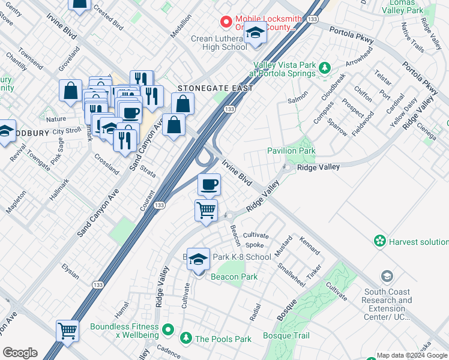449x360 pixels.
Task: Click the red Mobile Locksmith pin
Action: point(226,22)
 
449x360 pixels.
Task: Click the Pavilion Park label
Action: point(291,151)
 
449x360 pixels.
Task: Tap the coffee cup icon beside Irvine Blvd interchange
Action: point(208,185)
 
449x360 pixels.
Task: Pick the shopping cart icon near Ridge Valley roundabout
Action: point(206,211)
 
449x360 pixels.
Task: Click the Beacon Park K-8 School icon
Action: point(199,259)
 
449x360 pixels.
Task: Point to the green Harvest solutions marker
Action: point(379,242)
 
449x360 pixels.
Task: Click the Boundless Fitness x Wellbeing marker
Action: point(169,329)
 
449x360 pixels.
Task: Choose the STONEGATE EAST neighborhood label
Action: point(214,88)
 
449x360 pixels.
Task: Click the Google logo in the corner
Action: point(20,353)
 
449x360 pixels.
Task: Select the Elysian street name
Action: point(70,272)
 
